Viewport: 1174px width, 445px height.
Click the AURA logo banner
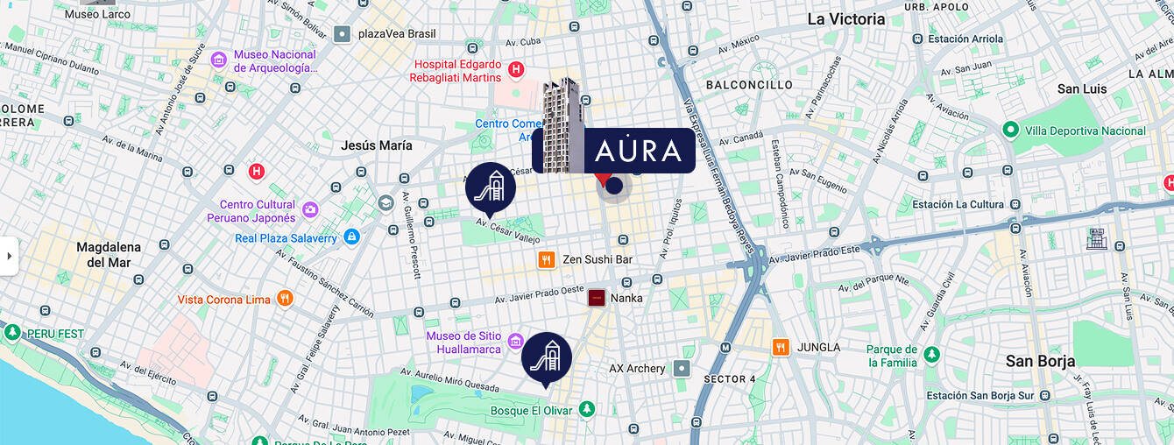pyautogui.click(x=639, y=151)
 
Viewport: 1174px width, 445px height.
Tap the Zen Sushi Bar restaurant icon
pyautogui.click(x=547, y=259)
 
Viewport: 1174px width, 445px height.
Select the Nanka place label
pyautogui.click(x=626, y=298)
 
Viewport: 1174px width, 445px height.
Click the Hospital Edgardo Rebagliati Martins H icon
pyautogui.click(x=516, y=69)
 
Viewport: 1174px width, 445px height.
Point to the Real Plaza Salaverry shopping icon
pyautogui.click(x=351, y=237)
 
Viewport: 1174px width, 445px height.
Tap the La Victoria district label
pyautogui.click(x=845, y=19)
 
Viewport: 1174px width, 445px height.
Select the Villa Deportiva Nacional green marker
pyautogui.click(x=1010, y=131)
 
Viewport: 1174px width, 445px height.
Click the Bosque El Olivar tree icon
pyautogui.click(x=586, y=409)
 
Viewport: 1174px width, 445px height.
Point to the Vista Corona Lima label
pyautogui.click(x=224, y=300)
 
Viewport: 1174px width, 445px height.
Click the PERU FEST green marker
pyautogui.click(x=12, y=333)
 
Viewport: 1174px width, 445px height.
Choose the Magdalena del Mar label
pyautogui.click(x=109, y=255)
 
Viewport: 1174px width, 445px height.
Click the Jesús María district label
pyautogui.click(x=377, y=145)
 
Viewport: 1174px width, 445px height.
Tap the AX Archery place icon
pyautogui.click(x=682, y=369)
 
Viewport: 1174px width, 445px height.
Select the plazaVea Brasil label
pyautogui.click(x=397, y=34)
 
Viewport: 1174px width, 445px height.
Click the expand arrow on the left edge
pyautogui.click(x=9, y=256)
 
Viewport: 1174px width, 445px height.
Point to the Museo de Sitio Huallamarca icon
pyautogui.click(x=515, y=342)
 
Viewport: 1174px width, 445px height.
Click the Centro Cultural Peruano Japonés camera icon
pyautogui.click(x=310, y=210)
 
